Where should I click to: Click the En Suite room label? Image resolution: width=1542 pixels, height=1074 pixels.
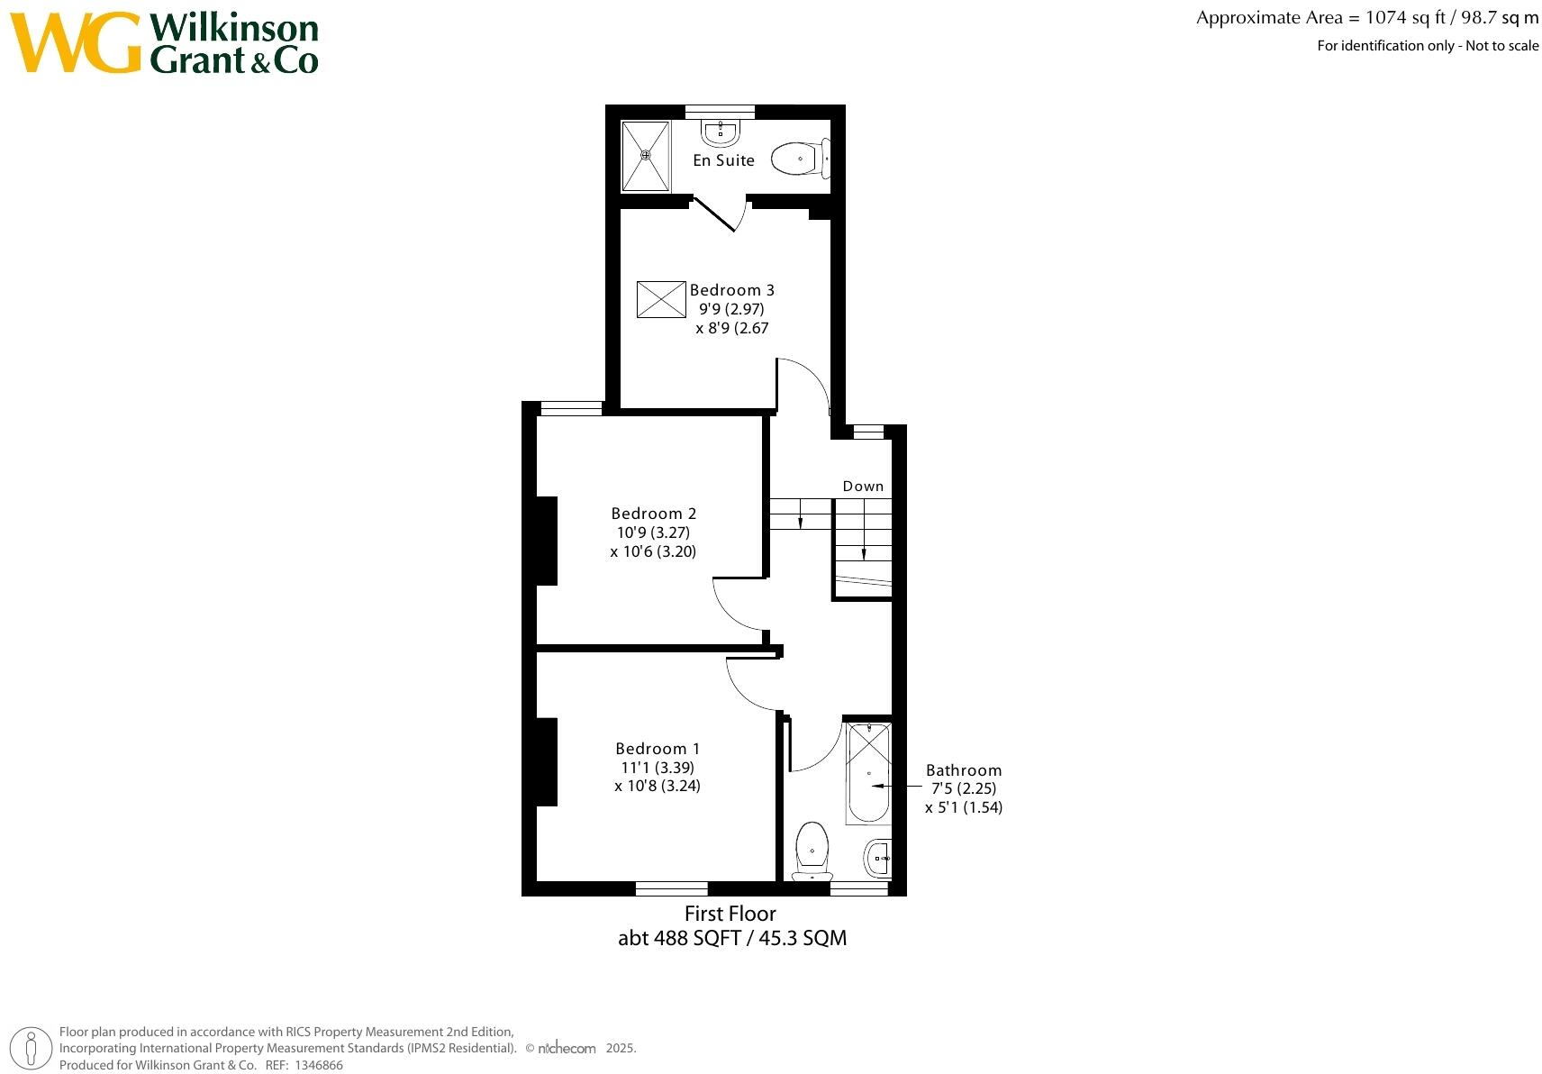point(723,160)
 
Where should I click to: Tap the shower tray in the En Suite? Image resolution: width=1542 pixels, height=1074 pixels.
point(646,156)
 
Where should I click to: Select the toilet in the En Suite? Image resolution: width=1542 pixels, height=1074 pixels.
point(800,159)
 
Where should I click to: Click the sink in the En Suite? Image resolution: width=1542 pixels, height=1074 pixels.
point(721,133)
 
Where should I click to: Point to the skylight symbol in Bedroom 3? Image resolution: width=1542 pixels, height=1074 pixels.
point(661,299)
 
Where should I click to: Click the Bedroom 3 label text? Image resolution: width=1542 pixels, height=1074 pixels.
point(731,290)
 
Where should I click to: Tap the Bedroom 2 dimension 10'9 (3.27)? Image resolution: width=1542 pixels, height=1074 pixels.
point(653,532)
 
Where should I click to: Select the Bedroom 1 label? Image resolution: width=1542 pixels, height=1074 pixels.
point(658,749)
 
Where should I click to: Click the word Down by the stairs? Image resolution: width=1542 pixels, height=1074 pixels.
point(863,487)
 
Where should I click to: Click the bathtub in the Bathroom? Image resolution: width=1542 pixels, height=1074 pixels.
point(868,775)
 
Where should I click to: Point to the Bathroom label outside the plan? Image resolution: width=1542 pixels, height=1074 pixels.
point(964,770)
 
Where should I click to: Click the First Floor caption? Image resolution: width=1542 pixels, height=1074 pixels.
point(730,914)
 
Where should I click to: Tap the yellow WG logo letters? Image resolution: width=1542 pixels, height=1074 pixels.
point(76,43)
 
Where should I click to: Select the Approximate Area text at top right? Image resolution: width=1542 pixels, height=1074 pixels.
point(1366,18)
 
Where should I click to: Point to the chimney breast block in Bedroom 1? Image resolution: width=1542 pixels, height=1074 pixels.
point(546,761)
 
